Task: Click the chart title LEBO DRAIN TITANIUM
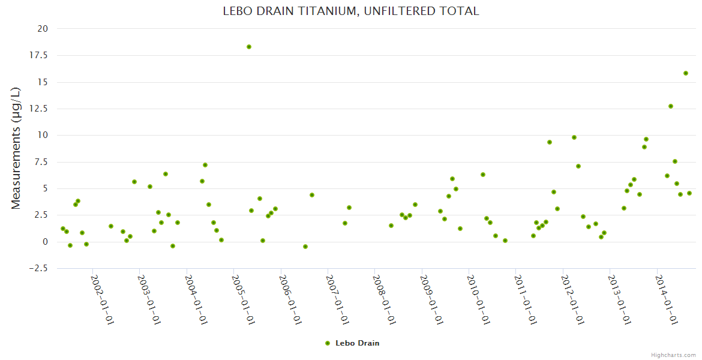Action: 351,11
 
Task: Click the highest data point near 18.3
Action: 249,47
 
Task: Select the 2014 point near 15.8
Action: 686,73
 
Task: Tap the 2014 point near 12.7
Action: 671,106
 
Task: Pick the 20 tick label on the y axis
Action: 42,29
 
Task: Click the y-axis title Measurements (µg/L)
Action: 16,148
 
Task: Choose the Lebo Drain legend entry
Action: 352,343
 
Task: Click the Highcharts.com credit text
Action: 673,355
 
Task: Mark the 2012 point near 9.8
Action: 574,137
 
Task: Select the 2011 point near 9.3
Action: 550,142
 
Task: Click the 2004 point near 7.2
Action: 205,165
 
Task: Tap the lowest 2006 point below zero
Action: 305,247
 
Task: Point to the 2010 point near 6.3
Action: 483,175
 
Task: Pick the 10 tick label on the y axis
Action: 42,135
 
